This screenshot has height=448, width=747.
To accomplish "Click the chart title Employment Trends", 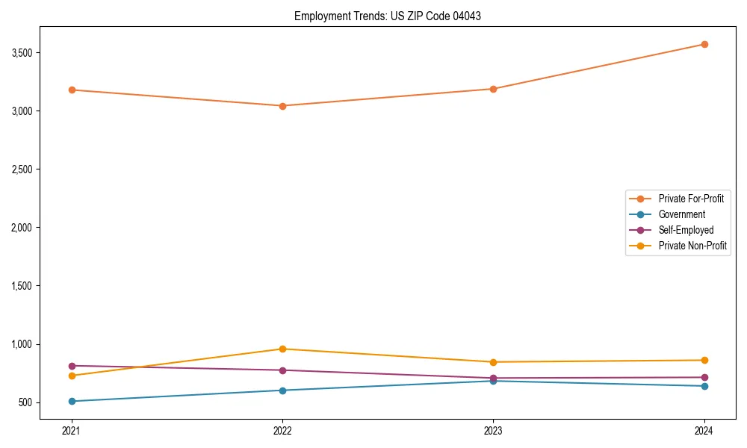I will click(387, 16).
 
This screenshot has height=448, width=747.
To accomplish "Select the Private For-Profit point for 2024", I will click(704, 44).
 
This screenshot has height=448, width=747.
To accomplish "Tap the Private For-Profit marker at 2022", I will click(282, 106).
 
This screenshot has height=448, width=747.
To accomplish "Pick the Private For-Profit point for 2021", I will click(72, 90).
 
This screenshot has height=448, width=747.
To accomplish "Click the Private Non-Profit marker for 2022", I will click(282, 349).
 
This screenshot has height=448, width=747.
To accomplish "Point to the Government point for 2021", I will click(72, 401).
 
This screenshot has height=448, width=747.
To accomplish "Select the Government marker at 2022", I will click(282, 391).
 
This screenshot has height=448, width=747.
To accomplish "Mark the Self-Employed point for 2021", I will click(72, 366).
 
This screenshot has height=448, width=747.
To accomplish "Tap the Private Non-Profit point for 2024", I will click(704, 360).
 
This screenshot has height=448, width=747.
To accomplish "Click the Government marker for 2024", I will click(704, 386).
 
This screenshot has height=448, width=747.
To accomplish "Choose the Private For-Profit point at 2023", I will click(493, 89).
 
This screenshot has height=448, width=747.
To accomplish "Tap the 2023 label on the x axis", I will click(493, 431).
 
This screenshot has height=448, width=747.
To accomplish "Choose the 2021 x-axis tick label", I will click(72, 431).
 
